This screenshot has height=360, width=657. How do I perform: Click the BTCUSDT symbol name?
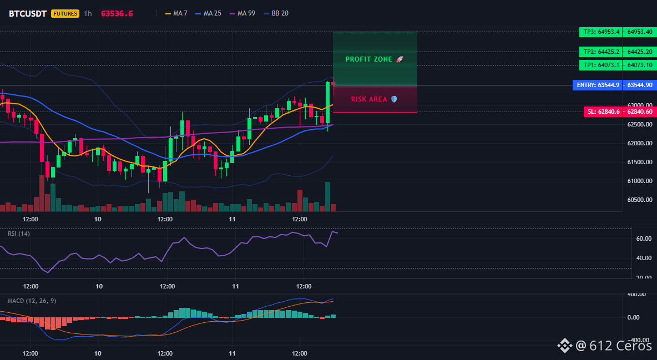[x=28, y=13]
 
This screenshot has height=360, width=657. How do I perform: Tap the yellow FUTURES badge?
[x=65, y=13]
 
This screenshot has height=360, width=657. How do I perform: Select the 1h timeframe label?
[x=88, y=13]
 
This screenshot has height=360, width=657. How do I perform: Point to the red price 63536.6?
[x=117, y=13]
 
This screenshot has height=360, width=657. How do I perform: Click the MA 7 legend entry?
[x=176, y=13]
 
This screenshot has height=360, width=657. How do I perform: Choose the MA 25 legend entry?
[x=208, y=13]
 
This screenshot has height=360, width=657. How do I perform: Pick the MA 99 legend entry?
[x=242, y=13]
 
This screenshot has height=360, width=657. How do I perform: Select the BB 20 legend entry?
[x=276, y=13]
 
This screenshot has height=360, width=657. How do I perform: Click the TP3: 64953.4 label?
[x=602, y=32]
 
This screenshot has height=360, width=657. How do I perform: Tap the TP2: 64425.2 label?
[x=602, y=52]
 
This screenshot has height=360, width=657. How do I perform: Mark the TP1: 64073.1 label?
[x=602, y=65]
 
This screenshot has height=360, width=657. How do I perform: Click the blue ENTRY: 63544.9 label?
[x=598, y=85]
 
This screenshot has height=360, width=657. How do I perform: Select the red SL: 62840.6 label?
[x=603, y=112]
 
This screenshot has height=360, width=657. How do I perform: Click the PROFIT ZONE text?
[x=368, y=59]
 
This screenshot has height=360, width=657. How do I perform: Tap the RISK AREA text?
[x=369, y=99]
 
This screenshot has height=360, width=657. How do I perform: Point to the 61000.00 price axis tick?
[x=640, y=181]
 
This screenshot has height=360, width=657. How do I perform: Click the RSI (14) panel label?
[x=19, y=234]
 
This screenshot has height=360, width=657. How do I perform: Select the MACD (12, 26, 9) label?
[x=32, y=301]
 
